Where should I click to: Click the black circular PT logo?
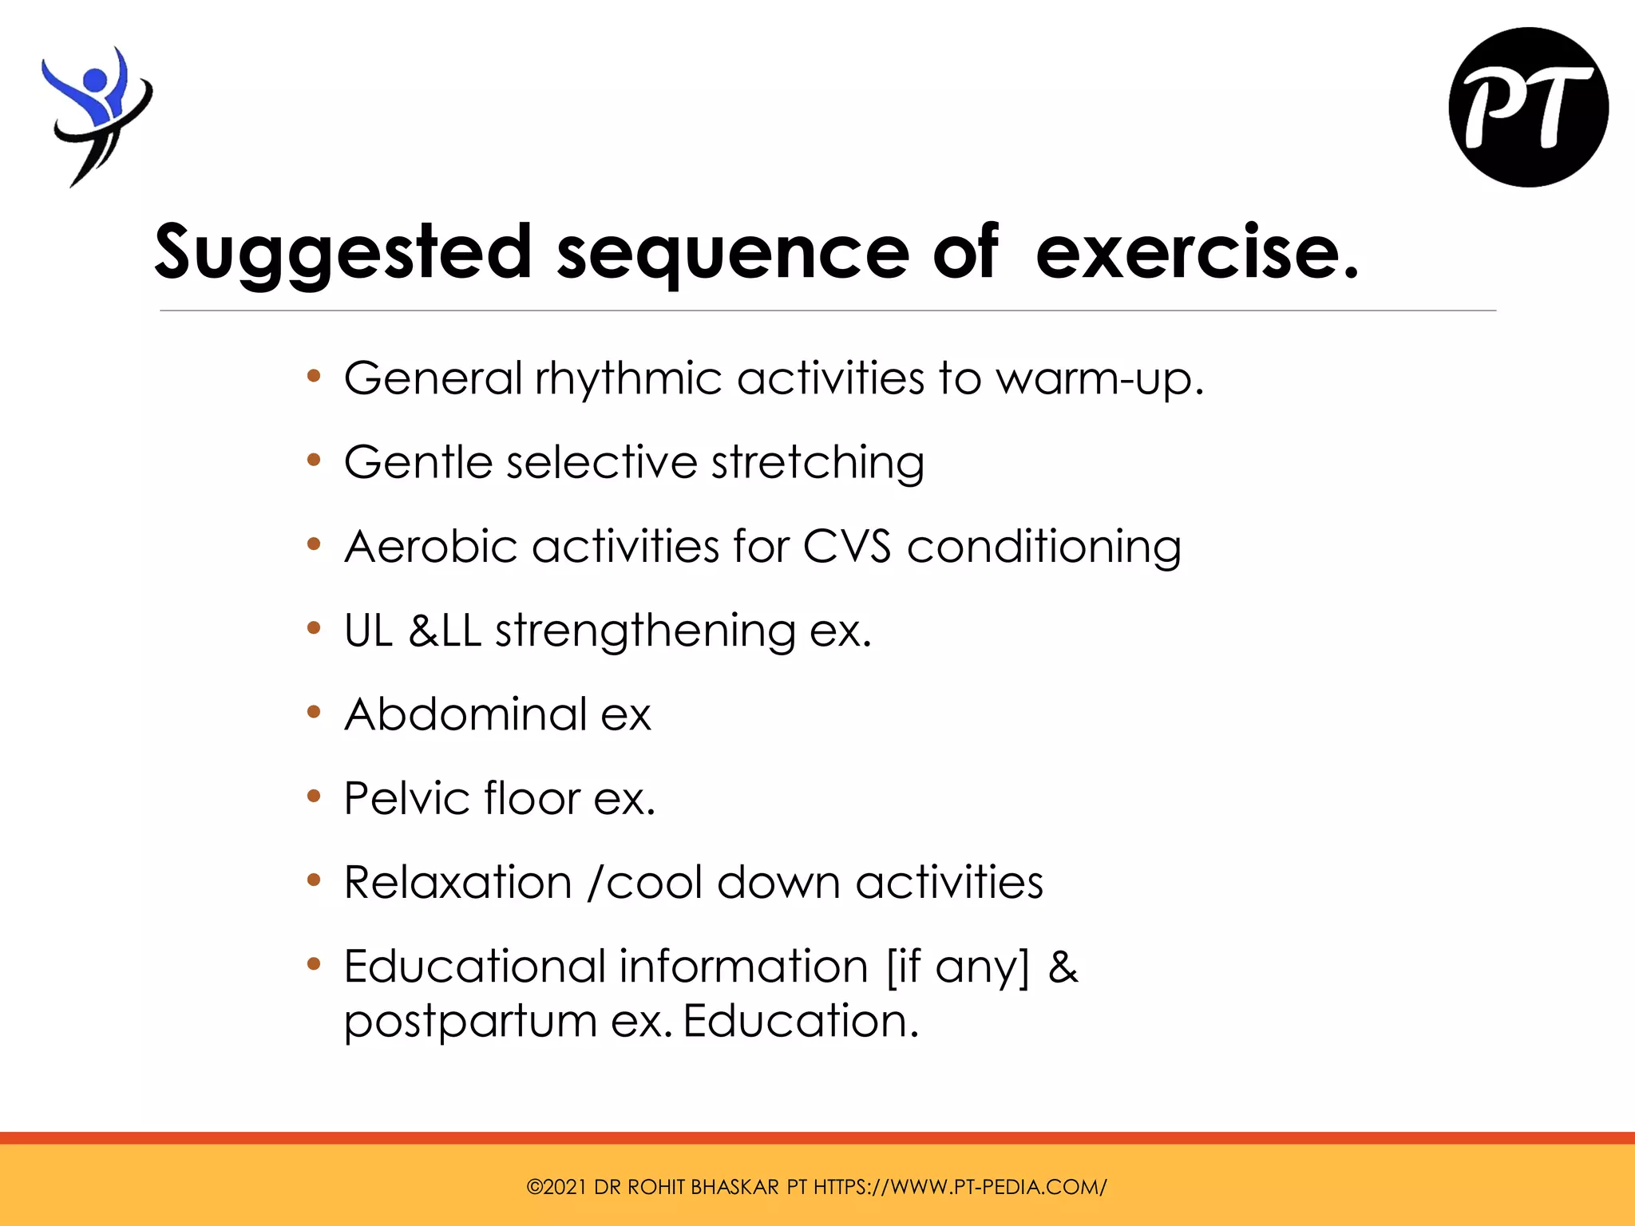[1528, 108]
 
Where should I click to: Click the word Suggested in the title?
[343, 253]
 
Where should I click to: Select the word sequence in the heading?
[732, 253]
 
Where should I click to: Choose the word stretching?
[817, 463]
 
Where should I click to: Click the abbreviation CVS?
[846, 547]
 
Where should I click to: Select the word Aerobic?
[431, 547]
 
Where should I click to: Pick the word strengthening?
[645, 631]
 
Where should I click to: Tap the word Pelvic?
[406, 798]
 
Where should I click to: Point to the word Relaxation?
[458, 883]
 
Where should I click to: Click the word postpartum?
[470, 1022]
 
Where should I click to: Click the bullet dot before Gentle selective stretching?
[314, 461]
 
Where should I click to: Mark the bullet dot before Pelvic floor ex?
[314, 796]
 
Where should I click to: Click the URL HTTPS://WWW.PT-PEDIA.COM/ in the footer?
[960, 1187]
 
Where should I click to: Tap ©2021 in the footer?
[556, 1187]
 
